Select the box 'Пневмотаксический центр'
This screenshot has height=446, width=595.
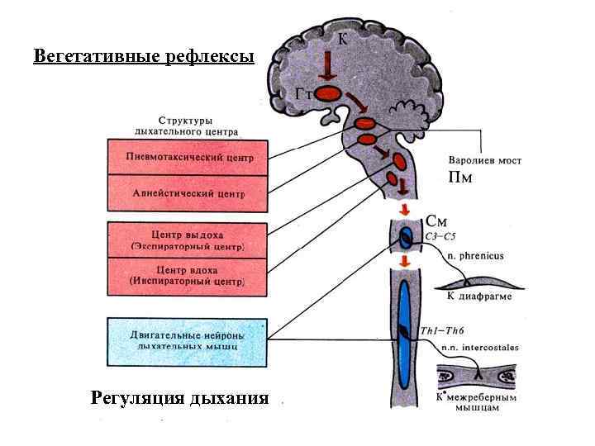(x=189, y=157)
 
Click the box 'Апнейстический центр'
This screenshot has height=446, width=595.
(x=189, y=192)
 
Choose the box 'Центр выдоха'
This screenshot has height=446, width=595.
(x=189, y=240)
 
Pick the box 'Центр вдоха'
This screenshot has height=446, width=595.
(x=189, y=275)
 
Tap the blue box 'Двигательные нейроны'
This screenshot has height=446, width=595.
(x=189, y=341)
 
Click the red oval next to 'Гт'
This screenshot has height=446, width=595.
(x=330, y=96)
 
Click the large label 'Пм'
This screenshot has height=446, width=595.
(x=461, y=178)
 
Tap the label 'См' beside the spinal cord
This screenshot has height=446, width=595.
(x=438, y=221)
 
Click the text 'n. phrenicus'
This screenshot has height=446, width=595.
(x=475, y=256)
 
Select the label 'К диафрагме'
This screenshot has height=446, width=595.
(x=479, y=296)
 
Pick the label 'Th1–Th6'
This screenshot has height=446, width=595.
(x=440, y=331)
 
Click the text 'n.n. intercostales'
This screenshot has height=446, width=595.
(x=479, y=348)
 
